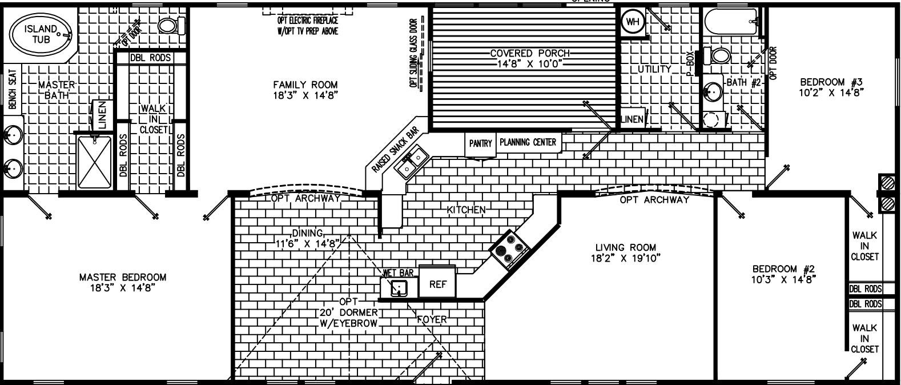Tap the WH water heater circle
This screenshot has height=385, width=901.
[x=632, y=22]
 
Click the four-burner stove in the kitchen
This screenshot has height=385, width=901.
[x=509, y=249]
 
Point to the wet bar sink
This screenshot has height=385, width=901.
[x=398, y=288]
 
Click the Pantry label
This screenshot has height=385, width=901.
[x=480, y=144]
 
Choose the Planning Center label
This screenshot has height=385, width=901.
[x=528, y=142]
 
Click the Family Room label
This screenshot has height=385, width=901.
[x=305, y=90]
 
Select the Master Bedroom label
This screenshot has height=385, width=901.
[x=123, y=282]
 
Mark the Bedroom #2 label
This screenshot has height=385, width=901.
[x=782, y=274]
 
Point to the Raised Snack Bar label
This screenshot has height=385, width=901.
[x=395, y=150]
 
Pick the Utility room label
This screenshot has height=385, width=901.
[x=654, y=69]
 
